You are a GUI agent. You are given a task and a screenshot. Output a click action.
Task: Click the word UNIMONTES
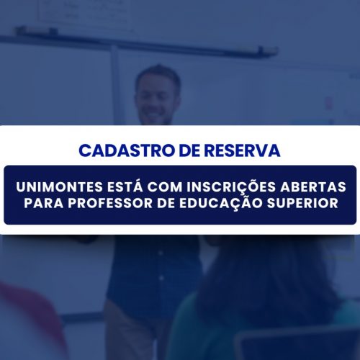pyautogui.click(x=60, y=187)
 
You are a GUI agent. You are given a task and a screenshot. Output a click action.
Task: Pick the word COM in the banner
pyautogui.click(x=165, y=187)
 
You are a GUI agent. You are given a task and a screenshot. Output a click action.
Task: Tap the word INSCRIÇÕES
pyautogui.click(x=231, y=186)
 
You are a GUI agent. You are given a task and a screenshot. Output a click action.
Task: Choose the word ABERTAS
pyautogui.click(x=313, y=187)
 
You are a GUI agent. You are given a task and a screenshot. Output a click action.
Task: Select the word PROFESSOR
pyautogui.click(x=110, y=203)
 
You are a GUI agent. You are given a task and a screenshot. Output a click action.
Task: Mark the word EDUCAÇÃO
pyautogui.click(x=221, y=203)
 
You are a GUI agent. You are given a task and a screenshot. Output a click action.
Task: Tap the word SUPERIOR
pyautogui.click(x=302, y=203)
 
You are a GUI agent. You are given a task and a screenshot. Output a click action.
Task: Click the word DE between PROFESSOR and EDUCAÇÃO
pyautogui.click(x=166, y=203)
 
